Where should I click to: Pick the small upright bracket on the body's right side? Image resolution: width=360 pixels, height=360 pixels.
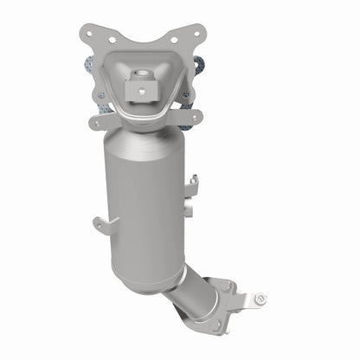[195, 183]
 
